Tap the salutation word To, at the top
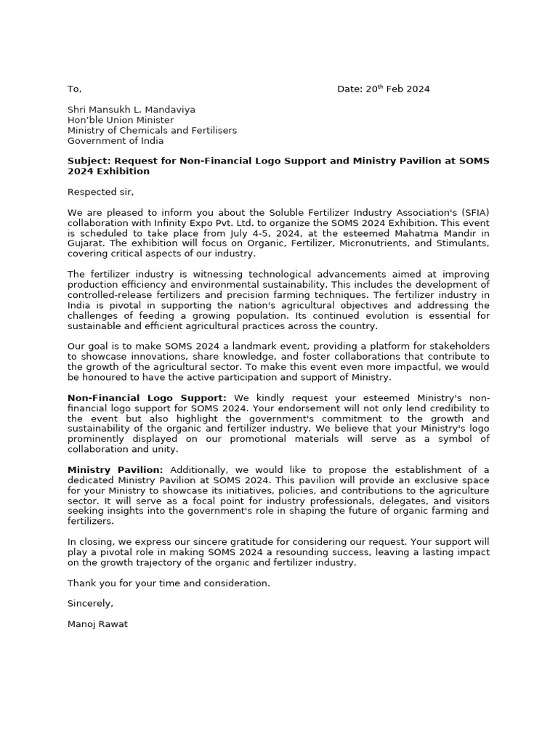pos(74,89)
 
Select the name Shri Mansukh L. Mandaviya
pos(131,110)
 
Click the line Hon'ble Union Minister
pos(121,120)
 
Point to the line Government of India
pos(116,141)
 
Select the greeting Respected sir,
pos(101,192)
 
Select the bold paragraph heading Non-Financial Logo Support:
pos(147,398)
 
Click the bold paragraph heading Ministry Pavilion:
pos(116,470)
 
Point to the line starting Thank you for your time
pos(169,583)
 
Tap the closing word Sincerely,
pos(91,604)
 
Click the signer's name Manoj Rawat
pos(97,624)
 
